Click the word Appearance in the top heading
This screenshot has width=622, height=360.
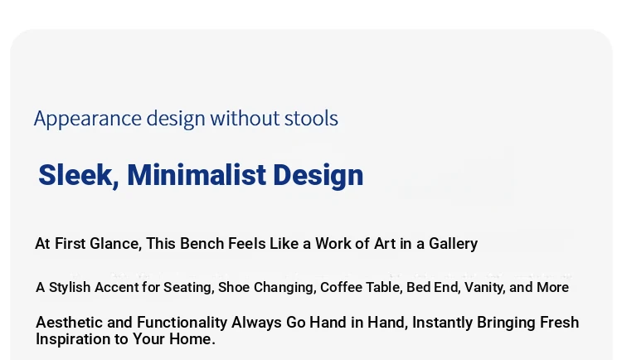88,119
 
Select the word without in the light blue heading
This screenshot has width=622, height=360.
245,118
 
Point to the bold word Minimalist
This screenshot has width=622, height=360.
197,175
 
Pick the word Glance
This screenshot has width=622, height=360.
116,244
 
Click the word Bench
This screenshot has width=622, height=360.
202,243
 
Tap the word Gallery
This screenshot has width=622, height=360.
453,244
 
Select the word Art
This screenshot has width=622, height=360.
385,243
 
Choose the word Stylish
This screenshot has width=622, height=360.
70,287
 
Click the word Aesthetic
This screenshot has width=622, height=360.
70,323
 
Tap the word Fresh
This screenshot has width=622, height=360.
559,323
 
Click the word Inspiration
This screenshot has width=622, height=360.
76,339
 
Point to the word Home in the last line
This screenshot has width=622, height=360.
192,339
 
